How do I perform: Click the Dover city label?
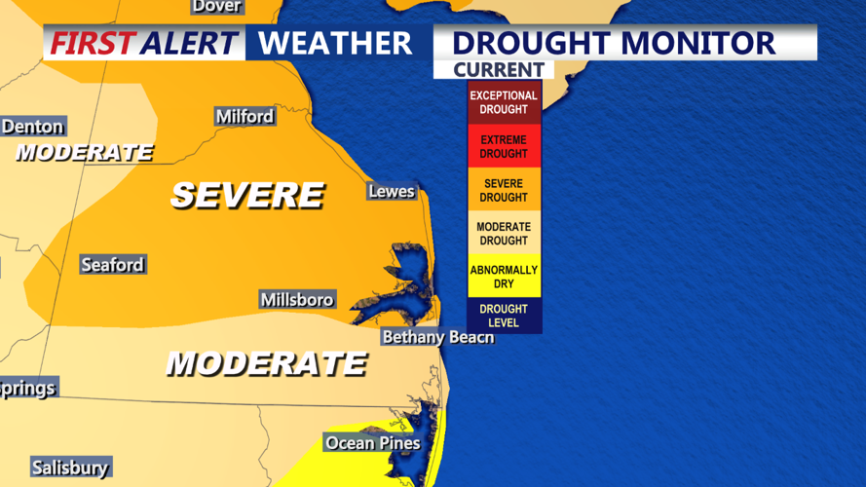216,7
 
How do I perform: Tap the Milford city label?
245,117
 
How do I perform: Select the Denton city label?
32,127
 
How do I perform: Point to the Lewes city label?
392,191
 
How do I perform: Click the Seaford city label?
112,265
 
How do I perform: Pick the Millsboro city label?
297,299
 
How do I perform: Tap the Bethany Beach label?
437,337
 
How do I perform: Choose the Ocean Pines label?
372,443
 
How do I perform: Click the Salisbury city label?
69,468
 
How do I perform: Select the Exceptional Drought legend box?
504,102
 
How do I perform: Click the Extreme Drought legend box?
504,146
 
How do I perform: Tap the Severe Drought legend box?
504,190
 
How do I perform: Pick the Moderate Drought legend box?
504,234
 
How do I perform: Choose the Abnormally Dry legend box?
504,277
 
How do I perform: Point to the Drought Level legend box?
504,316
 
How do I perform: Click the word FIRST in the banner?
93,44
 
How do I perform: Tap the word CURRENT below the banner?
498,70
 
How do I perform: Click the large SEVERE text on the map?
246,195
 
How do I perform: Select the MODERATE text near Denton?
84,153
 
